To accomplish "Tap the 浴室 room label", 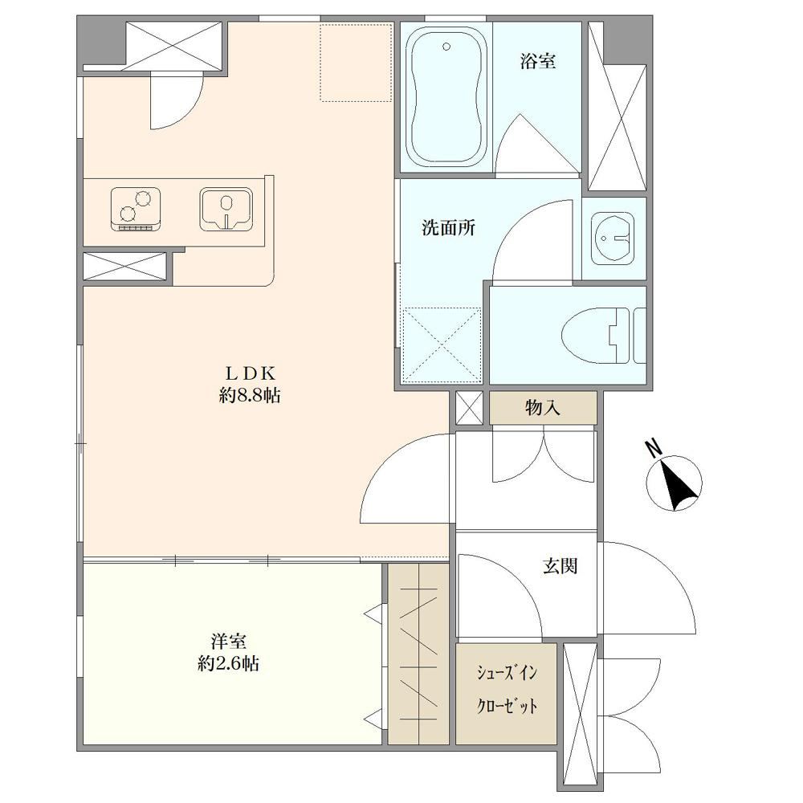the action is point(538,62).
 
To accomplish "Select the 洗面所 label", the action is point(448,228).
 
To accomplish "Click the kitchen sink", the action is point(226,209).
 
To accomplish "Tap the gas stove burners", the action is point(136,209).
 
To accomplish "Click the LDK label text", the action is point(251,373).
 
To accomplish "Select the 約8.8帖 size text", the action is point(250,395).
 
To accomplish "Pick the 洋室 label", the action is point(228,641).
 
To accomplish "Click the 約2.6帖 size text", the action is point(228,664).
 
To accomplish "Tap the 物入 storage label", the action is point(543,408).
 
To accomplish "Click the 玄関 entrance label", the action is point(560,566).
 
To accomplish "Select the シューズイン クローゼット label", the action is point(507,689).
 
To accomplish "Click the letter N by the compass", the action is point(654,449).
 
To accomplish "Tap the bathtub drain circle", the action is point(446,47).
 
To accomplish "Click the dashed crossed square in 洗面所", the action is point(442,344).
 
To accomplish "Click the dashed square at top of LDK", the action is point(356,62).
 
